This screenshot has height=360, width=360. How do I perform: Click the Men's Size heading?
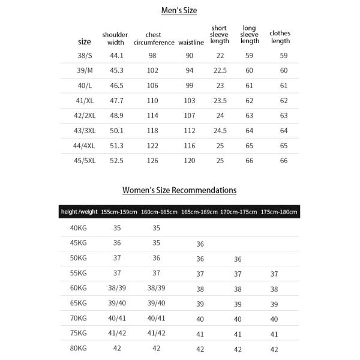(179, 10)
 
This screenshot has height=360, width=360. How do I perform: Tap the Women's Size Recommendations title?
(179, 190)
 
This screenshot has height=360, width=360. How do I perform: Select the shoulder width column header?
(115, 38)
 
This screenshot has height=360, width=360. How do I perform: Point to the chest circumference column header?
(153, 38)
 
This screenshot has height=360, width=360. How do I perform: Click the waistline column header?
(191, 42)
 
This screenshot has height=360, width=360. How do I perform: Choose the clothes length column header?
(280, 37)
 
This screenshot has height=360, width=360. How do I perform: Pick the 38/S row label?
(85, 55)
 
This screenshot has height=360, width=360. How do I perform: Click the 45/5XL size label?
(85, 161)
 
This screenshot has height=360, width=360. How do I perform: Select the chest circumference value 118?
(152, 131)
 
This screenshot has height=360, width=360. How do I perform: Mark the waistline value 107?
(190, 116)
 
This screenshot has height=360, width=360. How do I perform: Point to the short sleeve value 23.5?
(221, 101)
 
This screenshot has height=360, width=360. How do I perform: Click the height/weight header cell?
(79, 212)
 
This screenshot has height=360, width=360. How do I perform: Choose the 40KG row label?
(79, 228)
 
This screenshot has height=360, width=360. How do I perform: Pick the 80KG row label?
(79, 348)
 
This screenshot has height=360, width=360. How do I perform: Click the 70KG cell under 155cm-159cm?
(117, 318)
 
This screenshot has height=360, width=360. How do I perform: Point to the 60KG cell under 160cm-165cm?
(156, 288)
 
